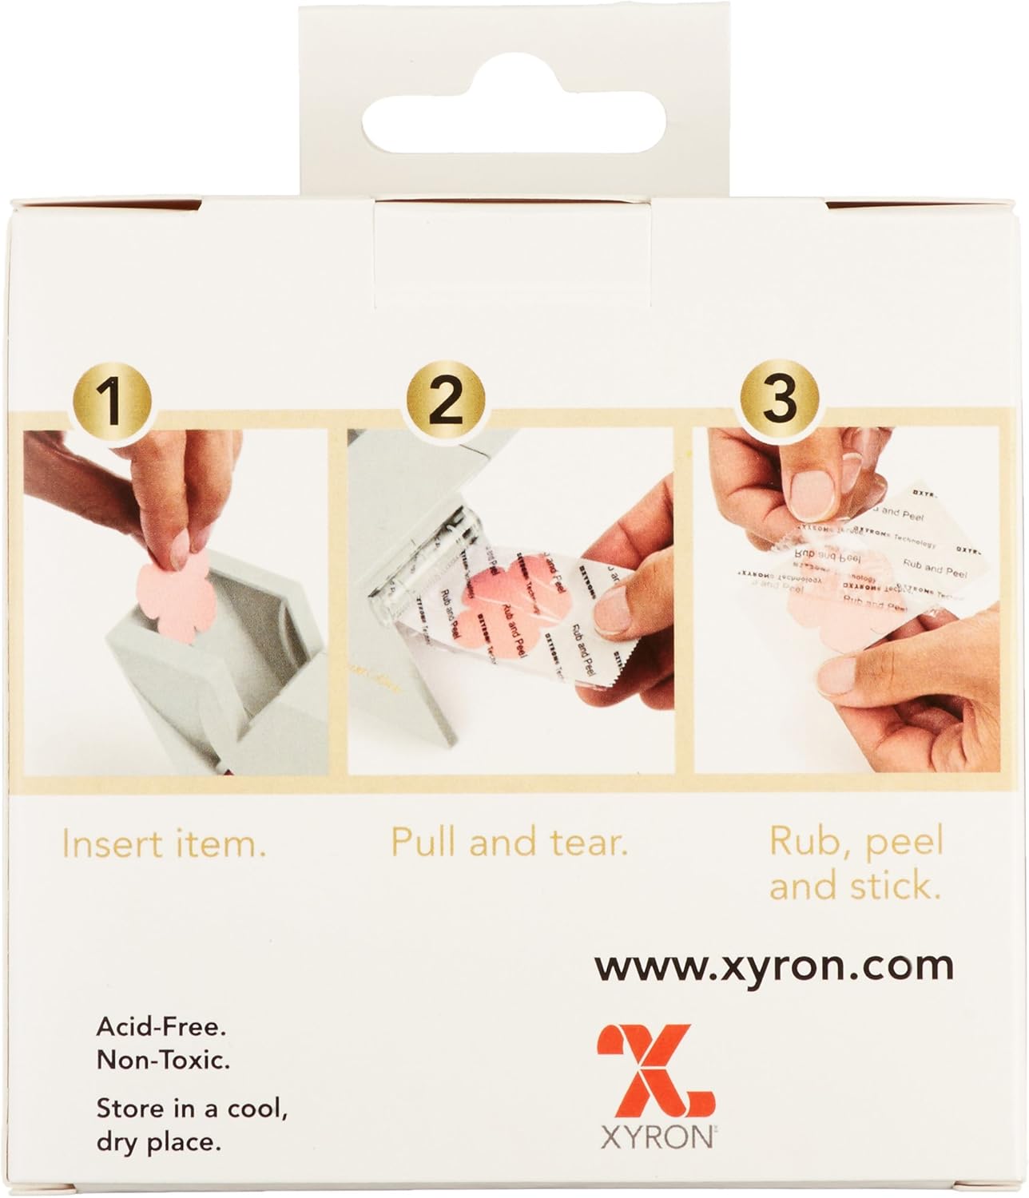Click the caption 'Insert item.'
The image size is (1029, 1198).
point(164,845)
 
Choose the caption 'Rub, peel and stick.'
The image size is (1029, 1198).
point(856,864)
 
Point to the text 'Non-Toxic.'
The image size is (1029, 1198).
point(163,1060)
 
